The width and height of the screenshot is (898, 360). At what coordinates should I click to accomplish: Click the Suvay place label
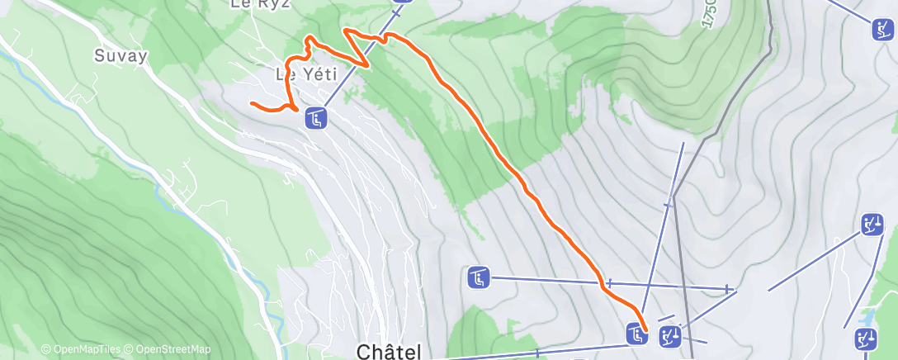pos(121,56)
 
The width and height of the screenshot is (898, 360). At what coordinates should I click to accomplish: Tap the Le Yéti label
pos(307,74)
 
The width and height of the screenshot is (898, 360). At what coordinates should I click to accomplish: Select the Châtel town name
pos(389,351)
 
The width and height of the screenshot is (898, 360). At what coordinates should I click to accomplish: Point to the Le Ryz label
pos(252,4)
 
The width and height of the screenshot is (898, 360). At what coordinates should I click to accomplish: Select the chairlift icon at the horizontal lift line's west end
pos(479,277)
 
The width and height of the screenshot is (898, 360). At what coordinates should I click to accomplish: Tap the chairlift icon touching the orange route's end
pos(636,334)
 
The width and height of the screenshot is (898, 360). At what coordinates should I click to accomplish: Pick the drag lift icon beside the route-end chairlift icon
pos(669,334)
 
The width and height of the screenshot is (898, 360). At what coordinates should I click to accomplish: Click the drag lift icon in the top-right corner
pos(882,30)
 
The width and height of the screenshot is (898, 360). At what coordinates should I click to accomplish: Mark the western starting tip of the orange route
pos(252,102)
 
